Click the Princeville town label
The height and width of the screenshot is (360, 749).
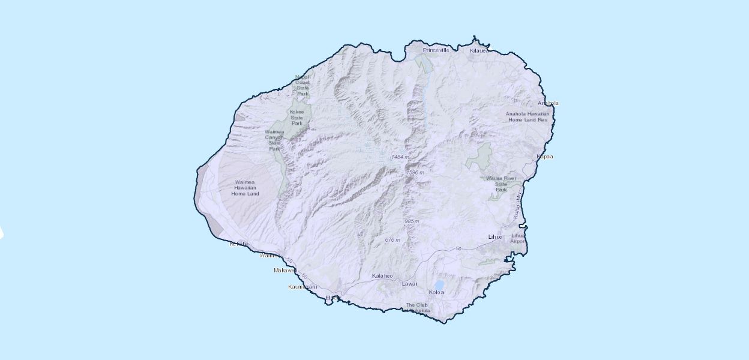tap(436, 50)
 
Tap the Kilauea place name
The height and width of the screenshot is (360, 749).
tap(479, 51)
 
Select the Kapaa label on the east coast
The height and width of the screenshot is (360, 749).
tap(544, 157)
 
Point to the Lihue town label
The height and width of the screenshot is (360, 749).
tap(495, 237)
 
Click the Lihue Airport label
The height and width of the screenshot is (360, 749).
tap(517, 238)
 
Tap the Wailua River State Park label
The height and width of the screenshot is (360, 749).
tap(501, 184)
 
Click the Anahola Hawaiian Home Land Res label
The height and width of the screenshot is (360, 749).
tap(527, 116)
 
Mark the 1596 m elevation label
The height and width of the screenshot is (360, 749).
tap(415, 172)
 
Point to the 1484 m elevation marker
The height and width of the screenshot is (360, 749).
tap(399, 157)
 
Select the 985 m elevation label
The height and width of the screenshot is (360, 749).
tap(411, 221)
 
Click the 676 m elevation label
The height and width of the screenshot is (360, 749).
tap(392, 240)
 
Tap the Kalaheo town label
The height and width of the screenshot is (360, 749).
tap(382, 276)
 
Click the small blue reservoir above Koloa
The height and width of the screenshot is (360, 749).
tap(439, 284)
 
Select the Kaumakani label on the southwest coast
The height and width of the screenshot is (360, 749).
tap(302, 287)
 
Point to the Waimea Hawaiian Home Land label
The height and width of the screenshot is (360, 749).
tap(246, 188)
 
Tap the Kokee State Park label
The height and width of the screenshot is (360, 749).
tap(297, 117)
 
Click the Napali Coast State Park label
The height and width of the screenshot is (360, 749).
tap(302, 85)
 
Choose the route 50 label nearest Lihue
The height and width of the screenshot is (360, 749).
tap(459, 248)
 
